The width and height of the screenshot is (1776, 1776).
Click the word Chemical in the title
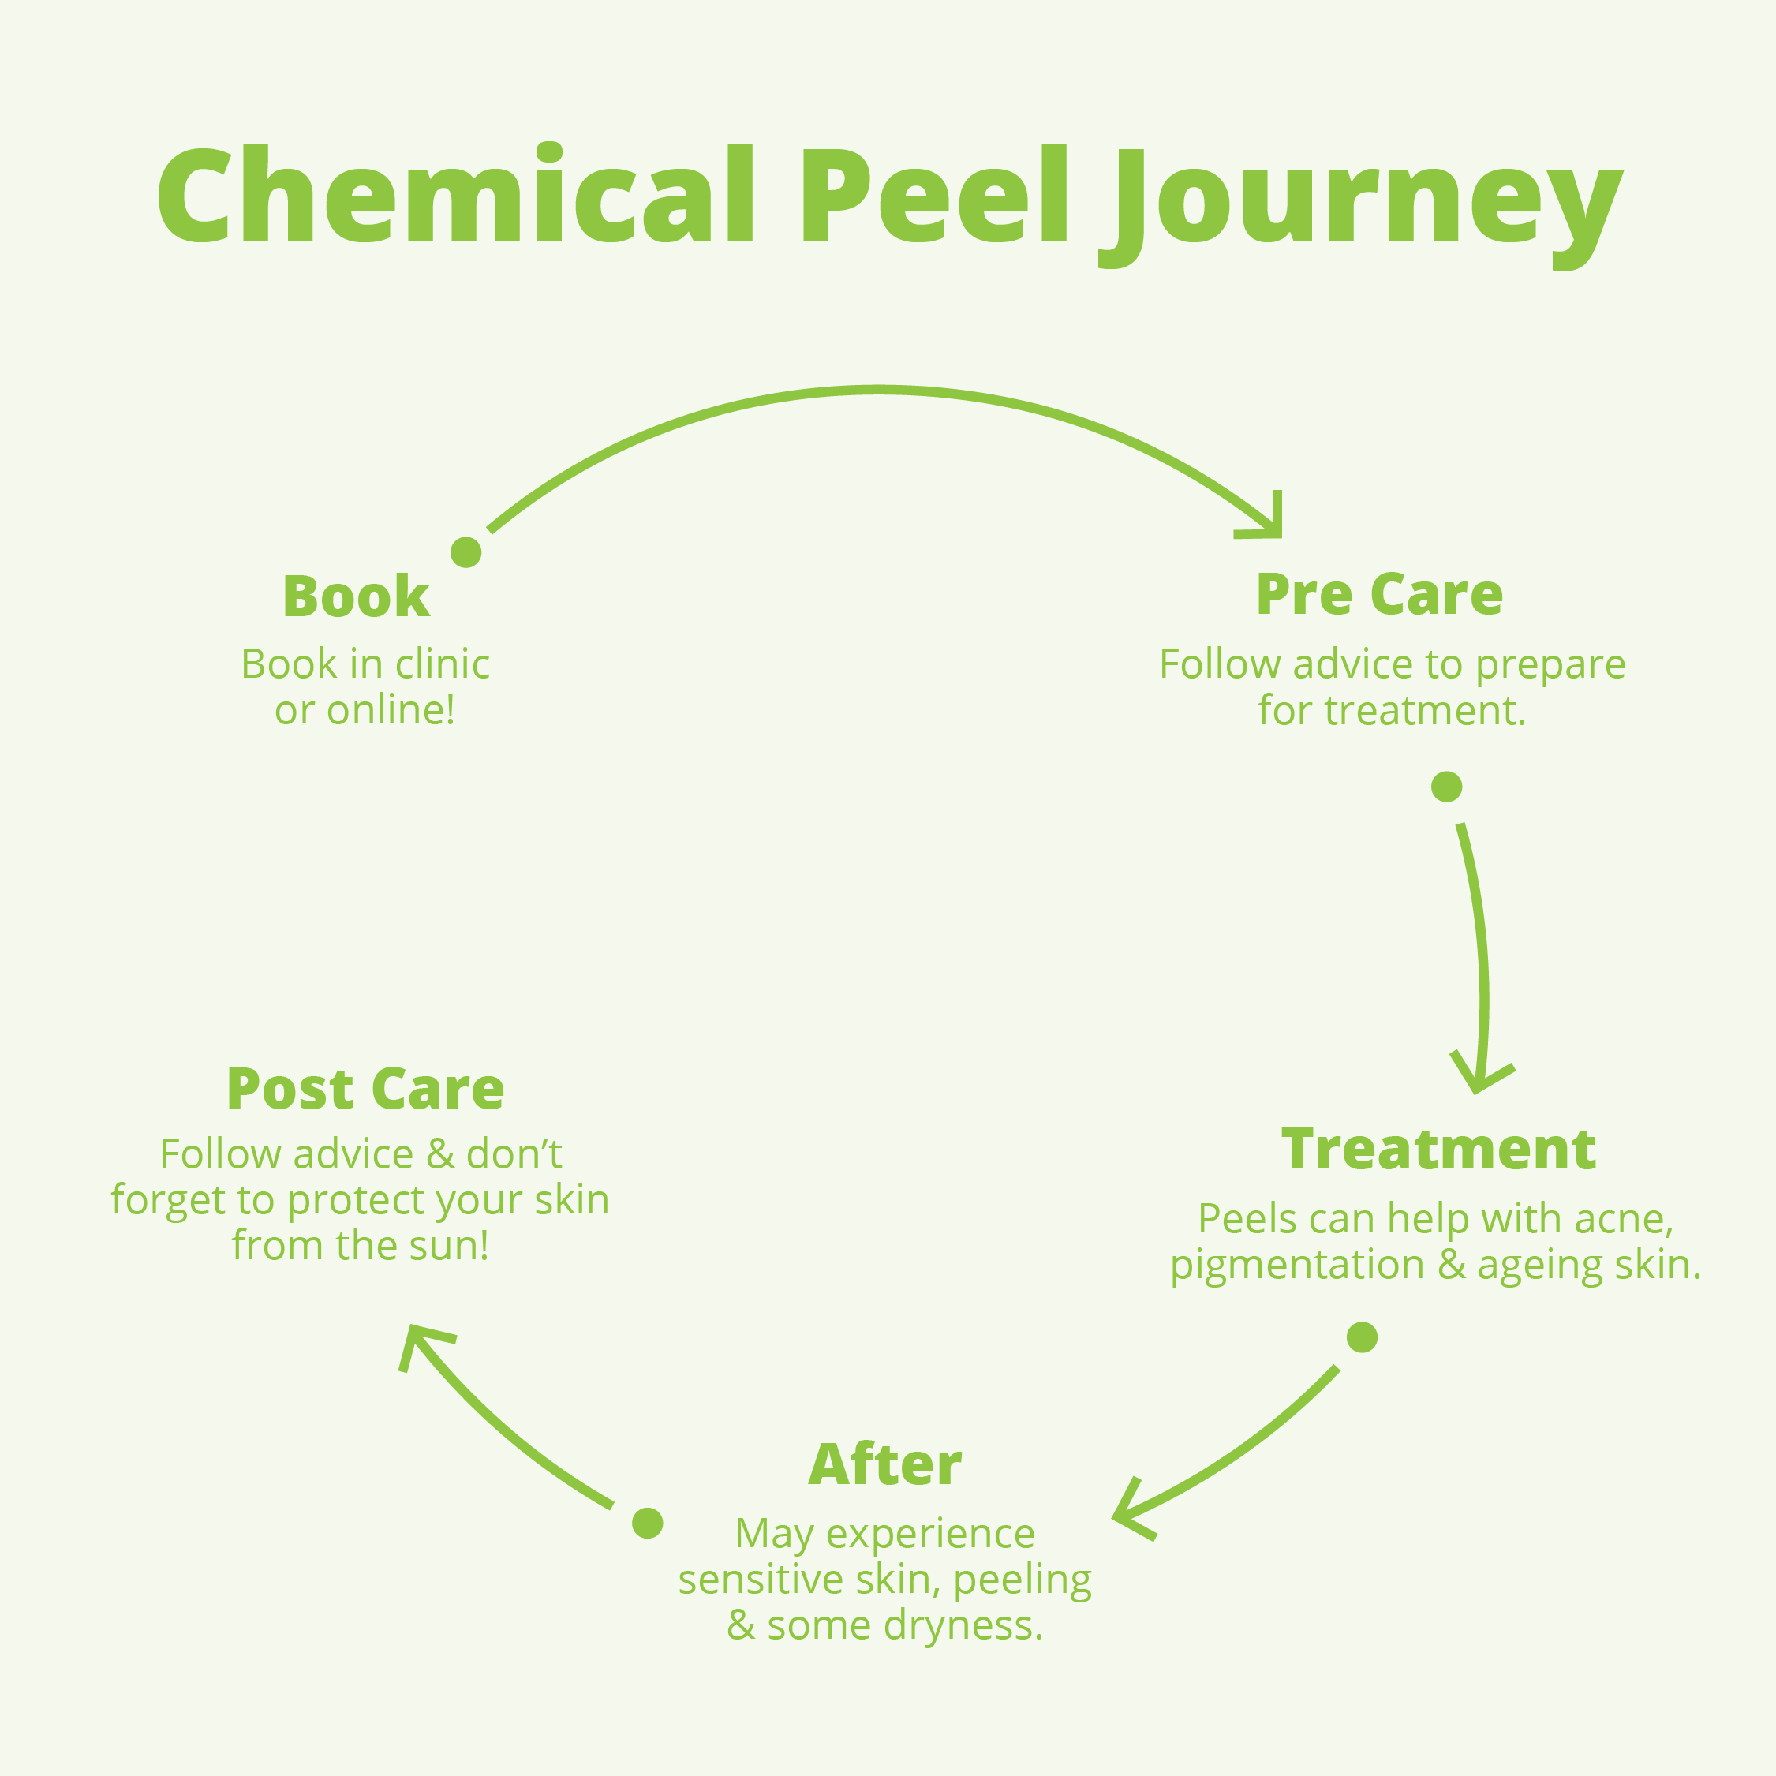coord(456,196)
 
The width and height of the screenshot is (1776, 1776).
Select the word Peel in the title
coord(934,196)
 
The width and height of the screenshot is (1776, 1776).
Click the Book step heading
coord(356,596)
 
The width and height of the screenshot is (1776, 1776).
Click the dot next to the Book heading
coord(466,552)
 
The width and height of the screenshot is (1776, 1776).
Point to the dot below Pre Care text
coord(1447,787)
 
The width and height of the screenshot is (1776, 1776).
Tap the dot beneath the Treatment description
coord(1363,1337)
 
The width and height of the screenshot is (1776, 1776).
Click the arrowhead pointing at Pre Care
coord(1269,522)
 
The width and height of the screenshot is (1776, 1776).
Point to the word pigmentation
coord(1297,1265)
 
